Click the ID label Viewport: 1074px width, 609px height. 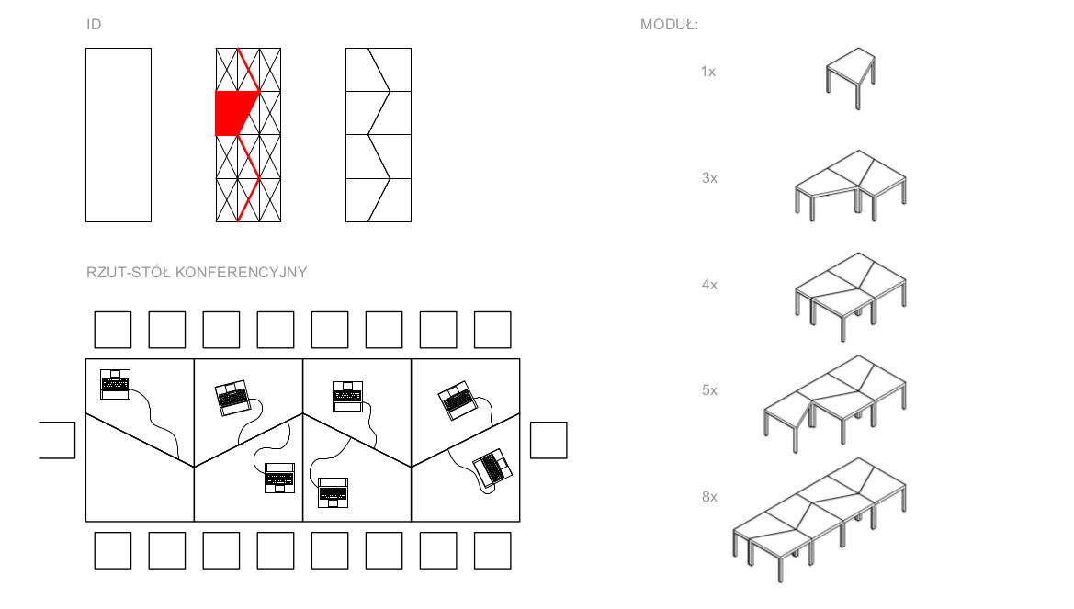pyautogui.click(x=94, y=25)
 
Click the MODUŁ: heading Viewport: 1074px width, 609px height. pyautogui.click(x=669, y=25)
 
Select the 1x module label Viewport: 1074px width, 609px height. pyautogui.click(x=708, y=72)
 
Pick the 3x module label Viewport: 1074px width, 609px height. pyautogui.click(x=709, y=178)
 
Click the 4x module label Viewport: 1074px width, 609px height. pyautogui.click(x=709, y=284)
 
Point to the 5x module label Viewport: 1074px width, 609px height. pyautogui.click(x=709, y=390)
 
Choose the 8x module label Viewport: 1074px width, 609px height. pyautogui.click(x=709, y=497)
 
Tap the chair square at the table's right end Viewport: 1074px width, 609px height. pyautogui.click(x=548, y=440)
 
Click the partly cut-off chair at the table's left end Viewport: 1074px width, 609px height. pyautogui.click(x=58, y=440)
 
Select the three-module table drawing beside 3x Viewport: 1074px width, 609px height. pyautogui.click(x=851, y=185)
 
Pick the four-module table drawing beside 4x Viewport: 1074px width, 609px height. pyautogui.click(x=851, y=296)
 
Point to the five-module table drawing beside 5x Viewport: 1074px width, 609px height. pyautogui.click(x=836, y=403)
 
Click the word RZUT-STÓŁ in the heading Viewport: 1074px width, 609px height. pyautogui.click(x=129, y=273)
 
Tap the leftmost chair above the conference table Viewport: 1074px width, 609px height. pyautogui.click(x=113, y=330)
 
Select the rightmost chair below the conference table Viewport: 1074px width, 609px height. pyautogui.click(x=492, y=550)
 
